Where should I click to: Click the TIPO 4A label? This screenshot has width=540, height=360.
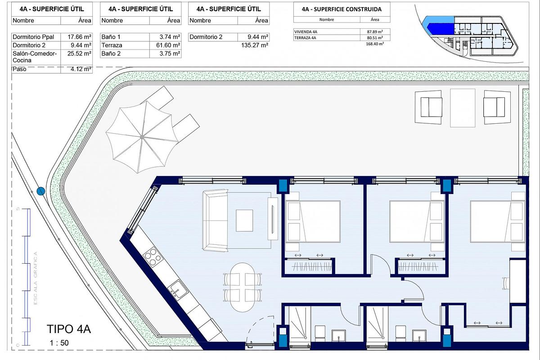point(69,329)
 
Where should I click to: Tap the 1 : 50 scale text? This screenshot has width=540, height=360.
point(59,343)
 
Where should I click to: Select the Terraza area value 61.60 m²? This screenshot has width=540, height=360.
point(169,45)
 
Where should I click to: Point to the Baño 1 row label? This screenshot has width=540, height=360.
point(111,37)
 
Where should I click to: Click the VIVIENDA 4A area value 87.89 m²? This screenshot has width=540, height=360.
point(374,32)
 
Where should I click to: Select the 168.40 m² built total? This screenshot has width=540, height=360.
point(374,44)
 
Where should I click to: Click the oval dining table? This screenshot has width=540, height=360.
point(242,287)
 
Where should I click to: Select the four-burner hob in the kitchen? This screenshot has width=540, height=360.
point(152,257)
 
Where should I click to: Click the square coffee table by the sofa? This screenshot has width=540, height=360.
point(244,220)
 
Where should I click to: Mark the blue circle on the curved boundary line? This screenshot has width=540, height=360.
point(41,191)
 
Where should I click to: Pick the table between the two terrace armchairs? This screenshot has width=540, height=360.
point(463,108)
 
